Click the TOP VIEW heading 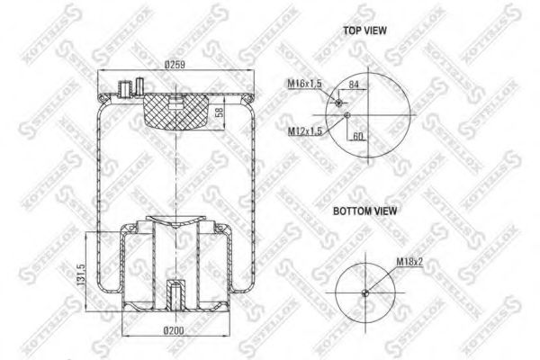pos(364,31)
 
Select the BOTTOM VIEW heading pos(364,211)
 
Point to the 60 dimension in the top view pos(357,135)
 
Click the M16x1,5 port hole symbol pos(339,104)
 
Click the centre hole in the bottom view pos(364,293)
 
